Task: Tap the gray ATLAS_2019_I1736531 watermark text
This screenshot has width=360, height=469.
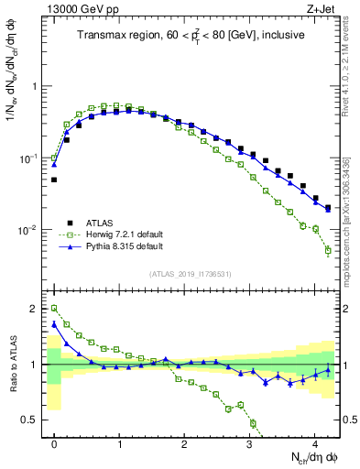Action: coord(191,274)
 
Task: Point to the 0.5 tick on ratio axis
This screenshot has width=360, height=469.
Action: coord(34,420)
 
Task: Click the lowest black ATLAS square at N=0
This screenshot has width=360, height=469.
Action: coord(54,180)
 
